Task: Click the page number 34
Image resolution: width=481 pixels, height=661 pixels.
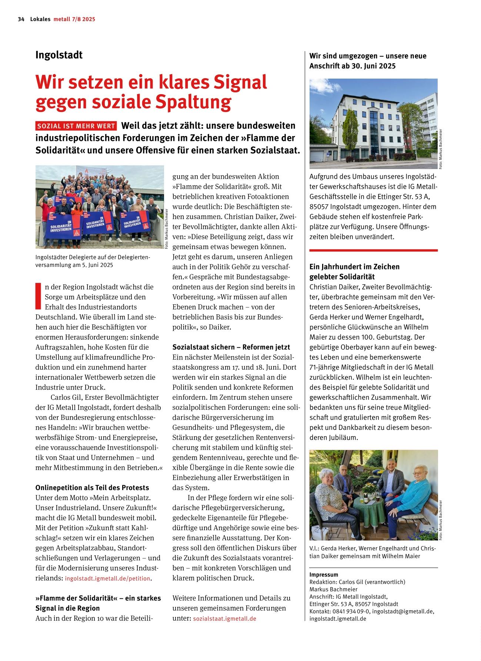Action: tap(21, 19)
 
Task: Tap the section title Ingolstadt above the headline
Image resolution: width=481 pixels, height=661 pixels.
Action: tap(59, 55)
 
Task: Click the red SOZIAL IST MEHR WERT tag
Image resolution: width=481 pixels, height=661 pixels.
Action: tap(76, 126)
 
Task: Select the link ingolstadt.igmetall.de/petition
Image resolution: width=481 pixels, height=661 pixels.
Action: tap(108, 578)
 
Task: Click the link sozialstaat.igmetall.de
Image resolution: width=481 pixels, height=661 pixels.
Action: tap(224, 619)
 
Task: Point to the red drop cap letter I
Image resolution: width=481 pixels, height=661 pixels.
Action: tap(38, 296)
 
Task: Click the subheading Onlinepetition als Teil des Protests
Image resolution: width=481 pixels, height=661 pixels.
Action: tap(92, 488)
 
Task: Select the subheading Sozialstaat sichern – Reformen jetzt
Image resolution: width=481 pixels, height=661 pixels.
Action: tap(231, 347)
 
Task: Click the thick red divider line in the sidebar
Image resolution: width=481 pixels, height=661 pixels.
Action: tap(373, 251)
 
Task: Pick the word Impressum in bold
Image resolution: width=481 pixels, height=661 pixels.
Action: tap(324, 575)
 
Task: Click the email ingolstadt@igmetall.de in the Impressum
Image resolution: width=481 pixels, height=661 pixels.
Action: tap(403, 611)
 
